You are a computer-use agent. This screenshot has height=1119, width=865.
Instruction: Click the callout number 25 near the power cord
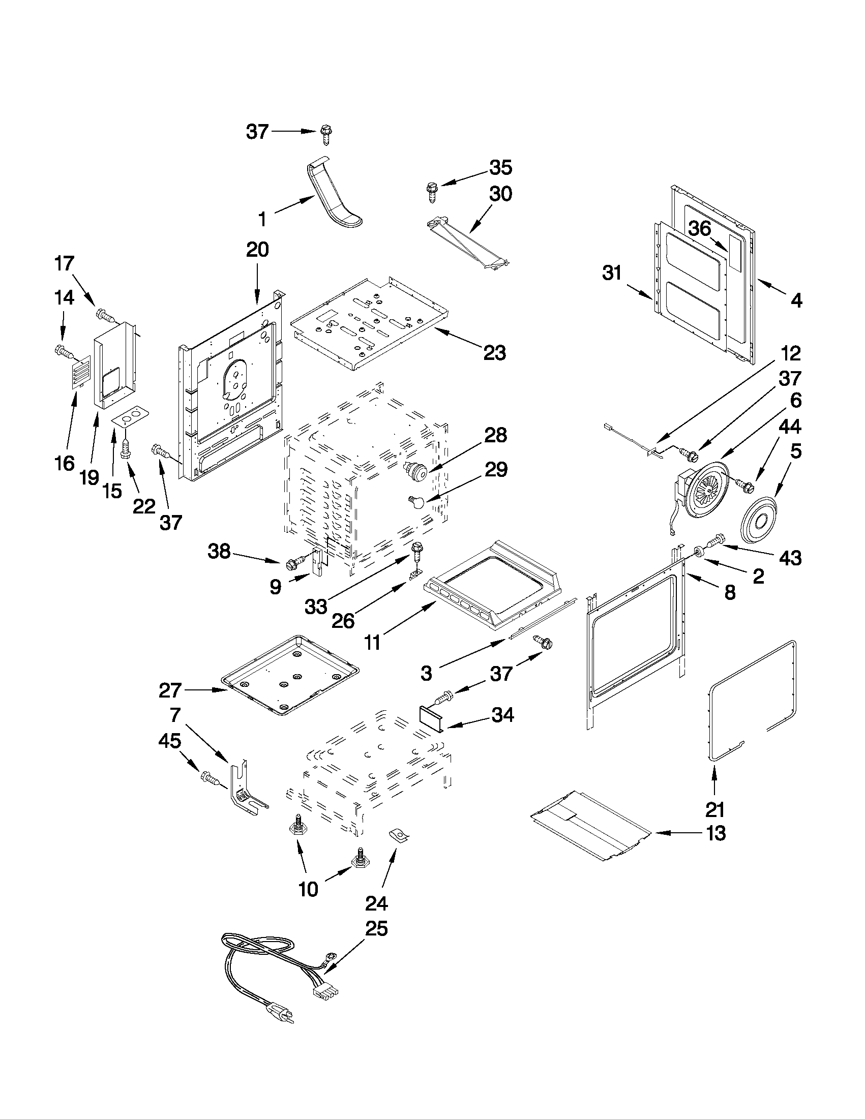pos(376,928)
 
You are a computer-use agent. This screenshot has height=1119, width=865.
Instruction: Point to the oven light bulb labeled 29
pos(416,502)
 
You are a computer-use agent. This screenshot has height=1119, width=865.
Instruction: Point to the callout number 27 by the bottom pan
pos(170,690)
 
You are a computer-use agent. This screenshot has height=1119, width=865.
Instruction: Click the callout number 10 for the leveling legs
pos(308,890)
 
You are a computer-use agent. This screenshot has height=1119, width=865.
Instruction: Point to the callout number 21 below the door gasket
pos(715,810)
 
